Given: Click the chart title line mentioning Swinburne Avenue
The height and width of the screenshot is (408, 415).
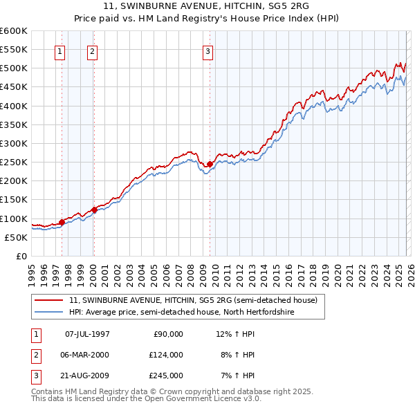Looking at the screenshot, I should (x=207, y=6).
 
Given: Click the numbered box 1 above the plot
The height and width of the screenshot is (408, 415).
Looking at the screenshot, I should (x=59, y=50).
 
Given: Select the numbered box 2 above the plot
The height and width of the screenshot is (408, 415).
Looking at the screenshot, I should (x=92, y=50).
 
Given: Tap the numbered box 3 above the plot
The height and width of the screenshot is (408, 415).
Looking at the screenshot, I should (x=207, y=50).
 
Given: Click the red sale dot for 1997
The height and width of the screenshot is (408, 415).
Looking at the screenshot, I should (x=62, y=222).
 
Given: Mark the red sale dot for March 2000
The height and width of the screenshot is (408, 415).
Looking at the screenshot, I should (x=94, y=210).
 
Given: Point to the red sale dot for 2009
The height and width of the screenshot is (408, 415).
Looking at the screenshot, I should (x=210, y=164).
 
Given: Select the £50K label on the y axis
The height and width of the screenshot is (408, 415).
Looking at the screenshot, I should (x=16, y=237).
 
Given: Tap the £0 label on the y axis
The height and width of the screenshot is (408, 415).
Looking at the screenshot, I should (x=21, y=256).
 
